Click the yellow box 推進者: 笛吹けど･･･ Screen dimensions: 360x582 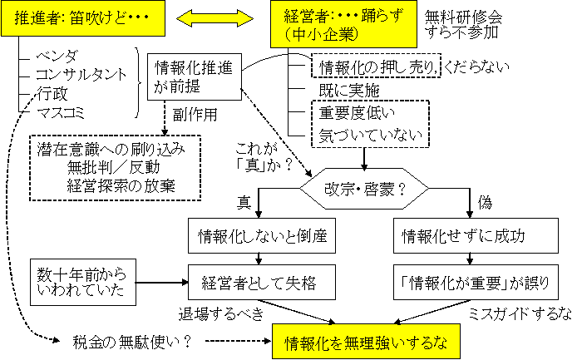[x=92, y=18]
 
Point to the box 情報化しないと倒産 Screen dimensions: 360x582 [x=259, y=236]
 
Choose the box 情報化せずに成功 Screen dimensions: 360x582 [x=472, y=236]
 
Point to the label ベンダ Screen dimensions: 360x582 [x=57, y=56]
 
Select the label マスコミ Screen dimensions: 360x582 [x=63, y=111]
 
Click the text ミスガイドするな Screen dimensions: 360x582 [x=520, y=313]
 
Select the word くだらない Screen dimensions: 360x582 [x=477, y=67]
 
